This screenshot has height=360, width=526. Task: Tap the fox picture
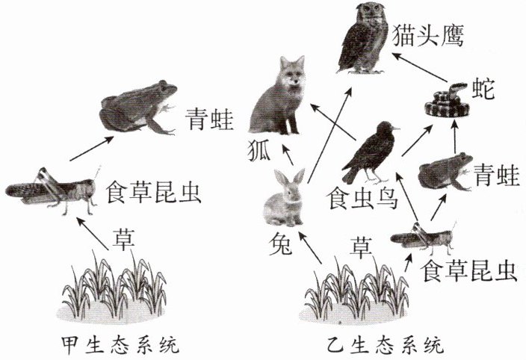coord(278,97)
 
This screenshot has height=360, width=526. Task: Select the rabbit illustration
coord(285,198)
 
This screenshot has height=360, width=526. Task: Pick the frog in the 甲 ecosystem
coord(138,108)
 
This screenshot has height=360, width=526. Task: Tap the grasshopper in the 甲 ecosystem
coord(51,191)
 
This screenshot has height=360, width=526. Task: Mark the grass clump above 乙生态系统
coord(356,291)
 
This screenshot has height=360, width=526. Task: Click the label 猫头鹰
coord(427,36)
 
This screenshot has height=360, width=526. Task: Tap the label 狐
coord(259,151)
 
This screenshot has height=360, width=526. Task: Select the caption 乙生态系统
coord(385,345)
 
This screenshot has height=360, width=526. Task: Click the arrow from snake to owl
coord(421,66)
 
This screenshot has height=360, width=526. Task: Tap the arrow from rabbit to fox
coord(288,155)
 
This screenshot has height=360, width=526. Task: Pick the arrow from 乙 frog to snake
coord(454,135)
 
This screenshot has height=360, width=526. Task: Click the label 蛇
coord(483,88)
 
